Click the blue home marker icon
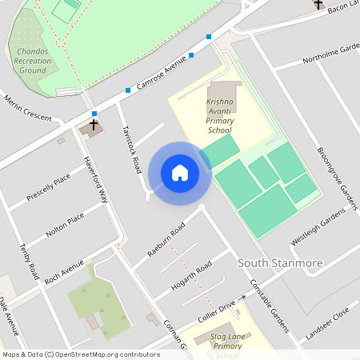[180, 173]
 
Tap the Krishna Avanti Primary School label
[219, 116]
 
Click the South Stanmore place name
[279, 263]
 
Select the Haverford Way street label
[97, 180]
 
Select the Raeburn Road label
[166, 239]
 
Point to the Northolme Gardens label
[331, 54]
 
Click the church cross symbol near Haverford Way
[94, 125]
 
